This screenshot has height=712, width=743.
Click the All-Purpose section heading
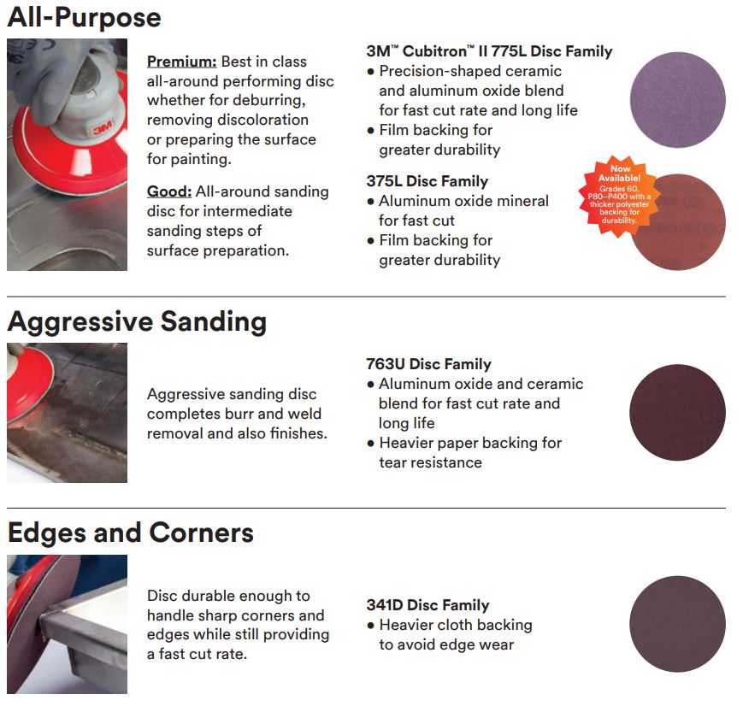[x=85, y=18]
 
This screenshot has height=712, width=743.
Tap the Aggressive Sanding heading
[x=137, y=322]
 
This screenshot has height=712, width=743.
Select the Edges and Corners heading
[x=131, y=533]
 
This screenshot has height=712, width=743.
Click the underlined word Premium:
[x=181, y=62]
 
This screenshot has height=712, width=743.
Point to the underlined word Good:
[x=169, y=191]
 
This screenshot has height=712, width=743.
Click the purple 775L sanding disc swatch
[x=678, y=99]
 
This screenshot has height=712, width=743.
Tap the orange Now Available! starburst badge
[x=619, y=195]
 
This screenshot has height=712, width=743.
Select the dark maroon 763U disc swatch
[x=678, y=412]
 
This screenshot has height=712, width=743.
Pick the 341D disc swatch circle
[x=678, y=624]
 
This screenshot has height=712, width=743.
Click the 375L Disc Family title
[x=427, y=181]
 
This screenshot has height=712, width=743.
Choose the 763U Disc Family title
[x=428, y=364]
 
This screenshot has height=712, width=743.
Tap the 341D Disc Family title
[x=428, y=605]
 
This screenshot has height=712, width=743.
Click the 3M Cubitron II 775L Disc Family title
[x=489, y=51]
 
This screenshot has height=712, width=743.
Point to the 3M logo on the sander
[x=103, y=127]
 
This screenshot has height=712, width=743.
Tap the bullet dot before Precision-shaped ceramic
[x=370, y=72]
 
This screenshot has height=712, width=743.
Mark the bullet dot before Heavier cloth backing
[x=370, y=626]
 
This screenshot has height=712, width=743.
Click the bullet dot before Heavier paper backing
[x=370, y=444]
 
